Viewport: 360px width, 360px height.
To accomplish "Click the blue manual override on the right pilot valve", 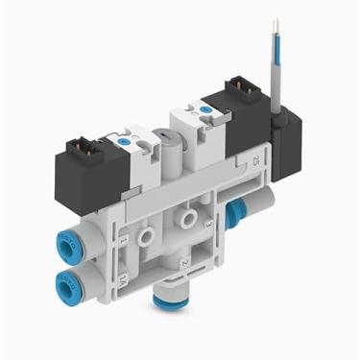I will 203,112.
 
